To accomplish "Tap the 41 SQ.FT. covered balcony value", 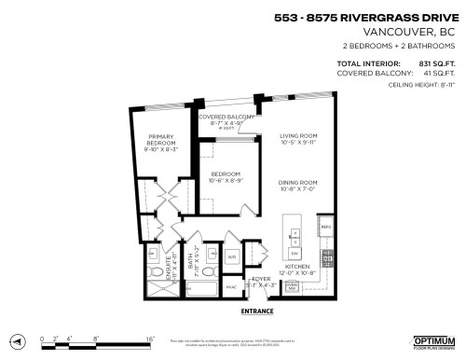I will (x=437, y=73).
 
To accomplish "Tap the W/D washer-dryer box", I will (x=232, y=256).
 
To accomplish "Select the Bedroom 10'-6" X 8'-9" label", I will (x=226, y=178).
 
